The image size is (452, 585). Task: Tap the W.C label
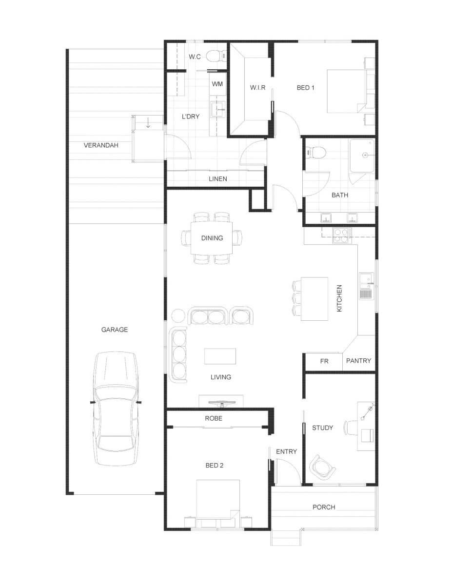pos(195,57)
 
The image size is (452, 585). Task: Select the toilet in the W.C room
pos(216,57)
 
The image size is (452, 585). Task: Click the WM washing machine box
pos(217,84)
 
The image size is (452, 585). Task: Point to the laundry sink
pos(218,109)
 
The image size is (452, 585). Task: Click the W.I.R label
pos(257,87)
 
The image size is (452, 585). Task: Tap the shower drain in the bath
pos(365,155)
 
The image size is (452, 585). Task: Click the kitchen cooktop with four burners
pos(342,235)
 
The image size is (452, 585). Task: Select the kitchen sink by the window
pos(366,286)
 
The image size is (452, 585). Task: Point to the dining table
pos(212,238)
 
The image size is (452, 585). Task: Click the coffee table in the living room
pos(220,356)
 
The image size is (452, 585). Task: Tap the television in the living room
pos(222,403)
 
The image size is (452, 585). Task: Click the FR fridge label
pos(324,361)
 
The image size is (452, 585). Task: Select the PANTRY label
pos(358,361)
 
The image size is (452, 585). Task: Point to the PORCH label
pos(324,507)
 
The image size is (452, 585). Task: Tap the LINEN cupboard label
pos(218,179)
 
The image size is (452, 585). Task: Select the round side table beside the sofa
pos(177,316)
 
